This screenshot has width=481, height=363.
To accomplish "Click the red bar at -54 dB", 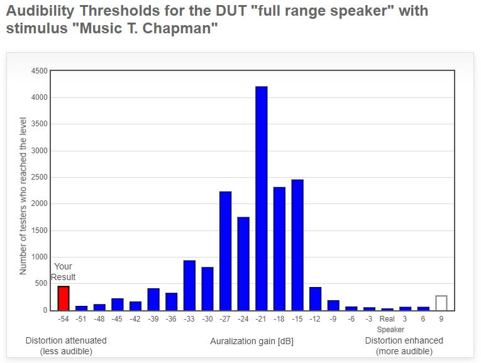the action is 64,298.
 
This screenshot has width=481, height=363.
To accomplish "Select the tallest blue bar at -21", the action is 262,198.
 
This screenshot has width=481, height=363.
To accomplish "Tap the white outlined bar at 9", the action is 441,303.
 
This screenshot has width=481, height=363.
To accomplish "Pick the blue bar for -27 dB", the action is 226,251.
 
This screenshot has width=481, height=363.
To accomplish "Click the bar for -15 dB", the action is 297,245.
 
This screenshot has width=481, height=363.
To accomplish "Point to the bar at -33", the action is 190,286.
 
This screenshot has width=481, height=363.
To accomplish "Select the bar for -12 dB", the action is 316,299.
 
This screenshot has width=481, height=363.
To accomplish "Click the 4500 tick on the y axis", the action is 40,71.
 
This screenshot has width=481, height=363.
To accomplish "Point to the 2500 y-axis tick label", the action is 40,177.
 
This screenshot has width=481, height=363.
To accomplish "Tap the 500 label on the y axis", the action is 41,283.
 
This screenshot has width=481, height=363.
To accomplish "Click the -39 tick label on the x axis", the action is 153,319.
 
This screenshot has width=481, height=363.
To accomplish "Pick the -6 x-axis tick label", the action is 351,319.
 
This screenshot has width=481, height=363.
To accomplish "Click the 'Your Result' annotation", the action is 64,272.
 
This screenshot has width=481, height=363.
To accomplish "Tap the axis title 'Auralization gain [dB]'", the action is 252,341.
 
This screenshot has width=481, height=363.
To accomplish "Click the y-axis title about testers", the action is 23,196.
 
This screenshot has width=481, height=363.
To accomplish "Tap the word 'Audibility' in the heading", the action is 40,11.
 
